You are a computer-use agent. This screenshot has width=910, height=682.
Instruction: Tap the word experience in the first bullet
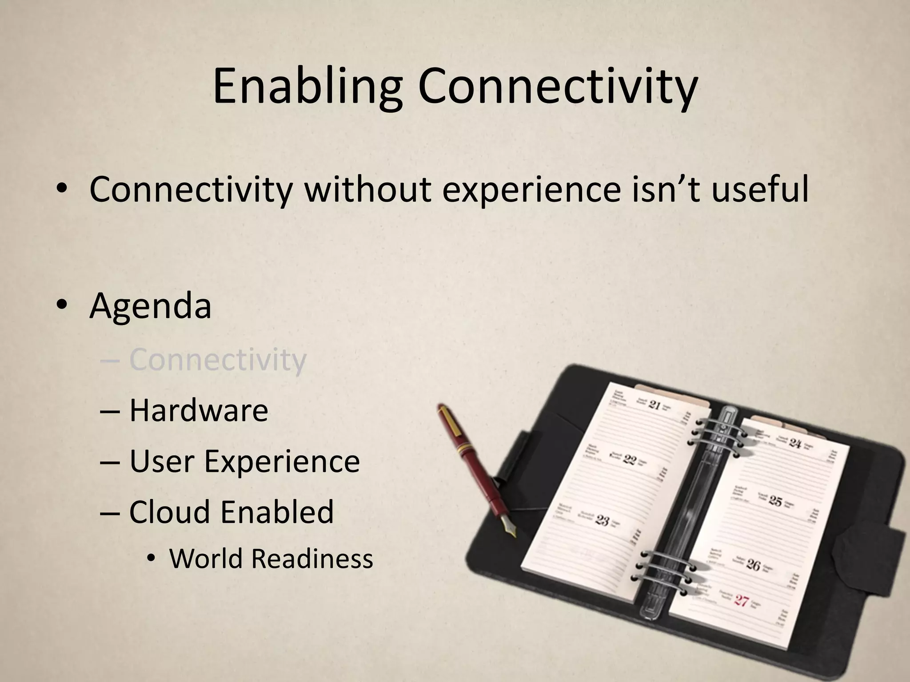click(x=531, y=190)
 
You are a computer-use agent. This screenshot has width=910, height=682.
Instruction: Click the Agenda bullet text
click(x=150, y=306)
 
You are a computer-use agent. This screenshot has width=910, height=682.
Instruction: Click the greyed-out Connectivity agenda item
click(x=218, y=360)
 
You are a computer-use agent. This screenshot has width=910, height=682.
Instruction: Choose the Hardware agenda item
click(x=199, y=410)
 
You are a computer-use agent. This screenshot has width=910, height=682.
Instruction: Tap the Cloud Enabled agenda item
click(x=231, y=511)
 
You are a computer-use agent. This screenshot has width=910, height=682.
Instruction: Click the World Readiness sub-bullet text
click(x=271, y=559)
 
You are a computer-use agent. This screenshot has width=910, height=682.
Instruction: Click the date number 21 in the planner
click(x=655, y=405)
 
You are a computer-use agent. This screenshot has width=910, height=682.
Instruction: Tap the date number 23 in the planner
click(x=602, y=520)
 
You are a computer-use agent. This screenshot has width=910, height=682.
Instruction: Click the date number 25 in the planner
click(x=775, y=502)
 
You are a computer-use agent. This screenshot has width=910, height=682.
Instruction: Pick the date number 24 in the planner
click(x=795, y=443)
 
